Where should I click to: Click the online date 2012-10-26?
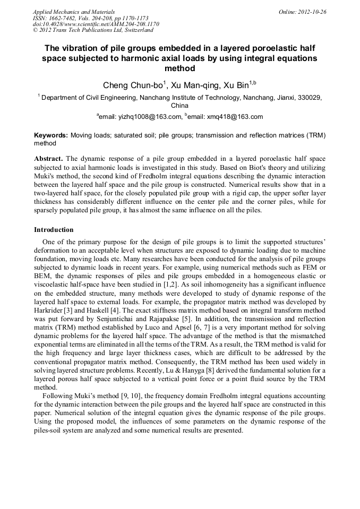coord(312,11)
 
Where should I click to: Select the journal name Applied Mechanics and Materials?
coord(74,11)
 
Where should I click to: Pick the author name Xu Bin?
coord(238,85)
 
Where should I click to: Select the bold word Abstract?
coord(48,159)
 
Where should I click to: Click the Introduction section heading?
coord(54,230)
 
